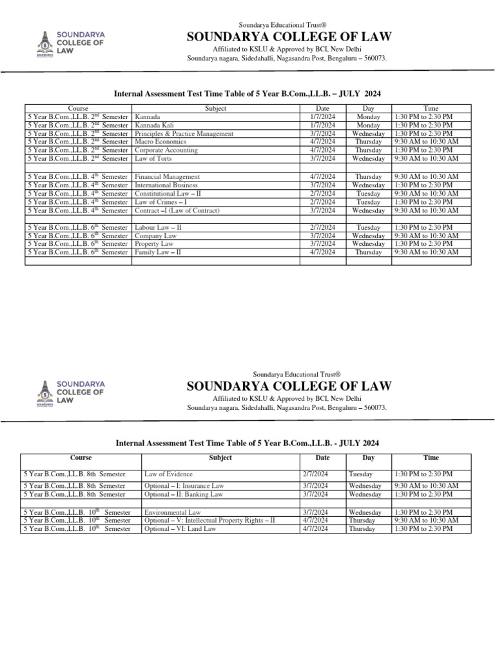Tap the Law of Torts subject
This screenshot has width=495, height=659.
pos(153,158)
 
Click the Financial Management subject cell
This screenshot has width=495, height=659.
pos(168,176)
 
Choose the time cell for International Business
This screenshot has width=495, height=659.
pos(426,185)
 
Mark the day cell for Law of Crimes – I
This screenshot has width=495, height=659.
pos(369,201)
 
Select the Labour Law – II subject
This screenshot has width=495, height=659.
pos(158,227)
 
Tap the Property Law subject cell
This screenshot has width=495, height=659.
pos(154,244)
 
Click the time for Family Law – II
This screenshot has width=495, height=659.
pos(426,252)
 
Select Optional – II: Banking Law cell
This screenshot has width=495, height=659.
pos(184,494)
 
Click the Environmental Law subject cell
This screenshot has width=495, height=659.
pos(173,512)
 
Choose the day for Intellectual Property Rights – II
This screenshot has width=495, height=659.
pos(362,520)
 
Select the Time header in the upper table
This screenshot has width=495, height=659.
pos(431,109)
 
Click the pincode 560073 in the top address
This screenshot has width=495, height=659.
pos(373,59)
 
